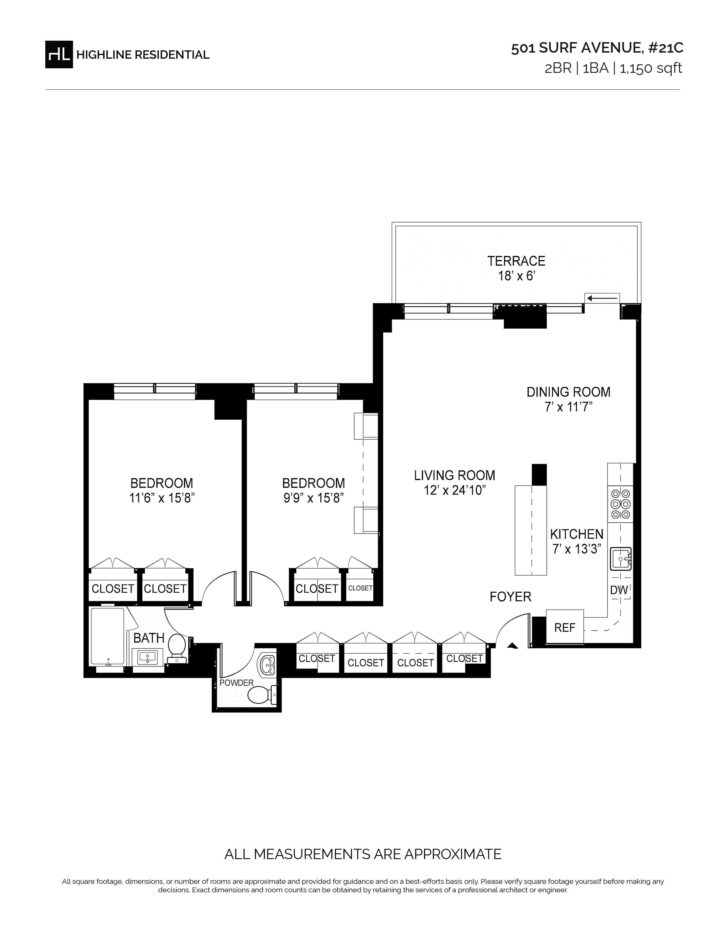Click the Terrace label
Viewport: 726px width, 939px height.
click(x=516, y=261)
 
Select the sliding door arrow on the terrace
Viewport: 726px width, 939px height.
click(x=602, y=298)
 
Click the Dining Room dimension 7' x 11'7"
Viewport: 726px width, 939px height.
click(x=569, y=407)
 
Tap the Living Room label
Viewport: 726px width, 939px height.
click(x=455, y=475)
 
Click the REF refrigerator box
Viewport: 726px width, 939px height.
click(x=565, y=628)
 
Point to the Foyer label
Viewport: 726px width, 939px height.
click(x=510, y=596)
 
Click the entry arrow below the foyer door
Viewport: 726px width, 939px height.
click(x=512, y=645)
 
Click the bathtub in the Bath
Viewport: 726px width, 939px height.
click(x=108, y=637)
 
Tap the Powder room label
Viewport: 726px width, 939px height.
click(x=237, y=683)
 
